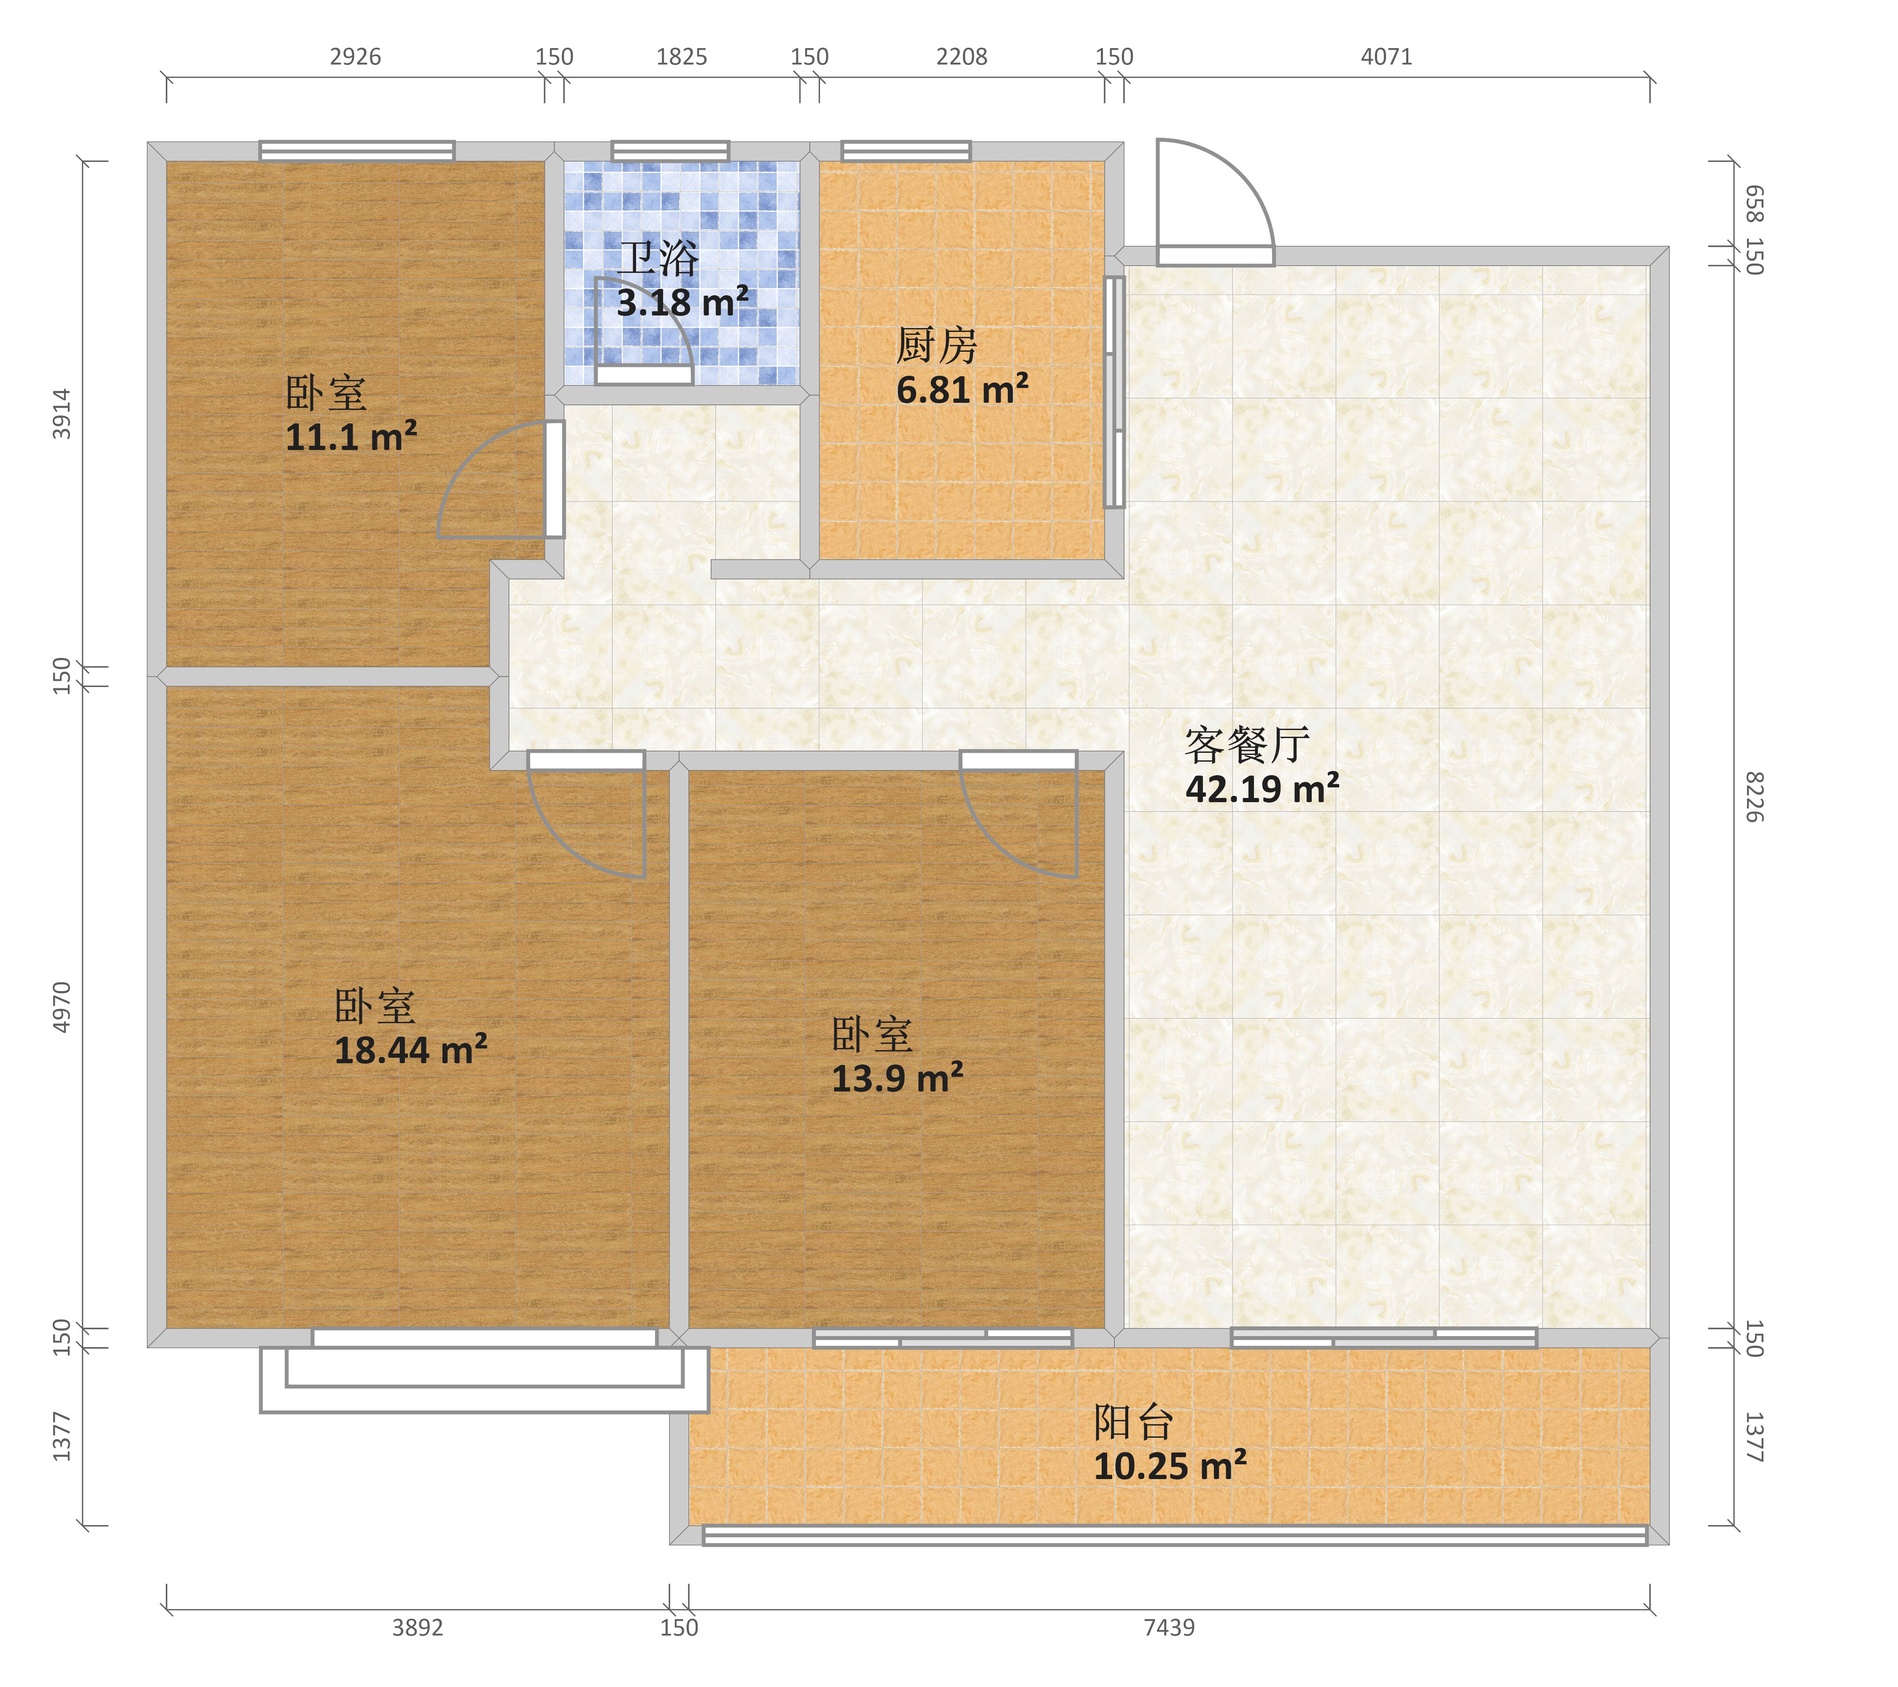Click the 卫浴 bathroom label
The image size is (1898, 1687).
coord(658,259)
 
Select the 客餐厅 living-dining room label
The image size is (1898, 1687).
coord(1247,745)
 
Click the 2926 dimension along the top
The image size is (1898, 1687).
coord(356,57)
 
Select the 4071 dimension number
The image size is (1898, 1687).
coord(1386,57)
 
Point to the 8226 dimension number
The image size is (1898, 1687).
coord(1753,797)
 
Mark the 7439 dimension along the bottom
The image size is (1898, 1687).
coord(1169,1628)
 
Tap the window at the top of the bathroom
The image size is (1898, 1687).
coord(671,151)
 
